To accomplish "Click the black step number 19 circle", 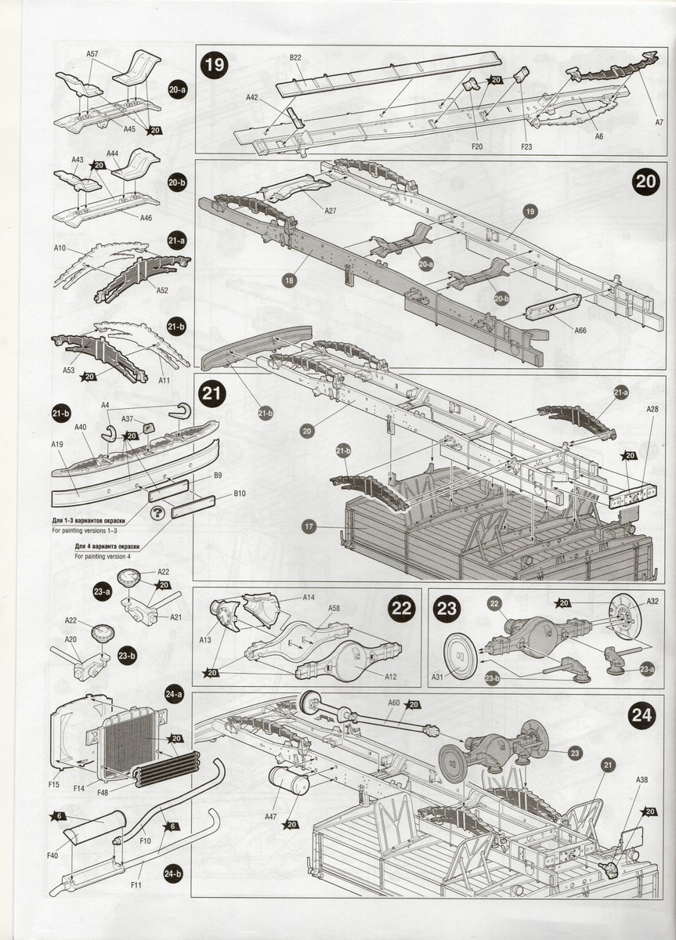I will (x=213, y=65).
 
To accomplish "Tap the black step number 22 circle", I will (x=402, y=609).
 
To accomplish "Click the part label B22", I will (x=295, y=58).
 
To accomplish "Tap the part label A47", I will (x=271, y=816).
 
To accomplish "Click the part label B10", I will (x=240, y=493).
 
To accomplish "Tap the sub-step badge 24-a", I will (x=175, y=692).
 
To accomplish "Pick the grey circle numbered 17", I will (x=309, y=527).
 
